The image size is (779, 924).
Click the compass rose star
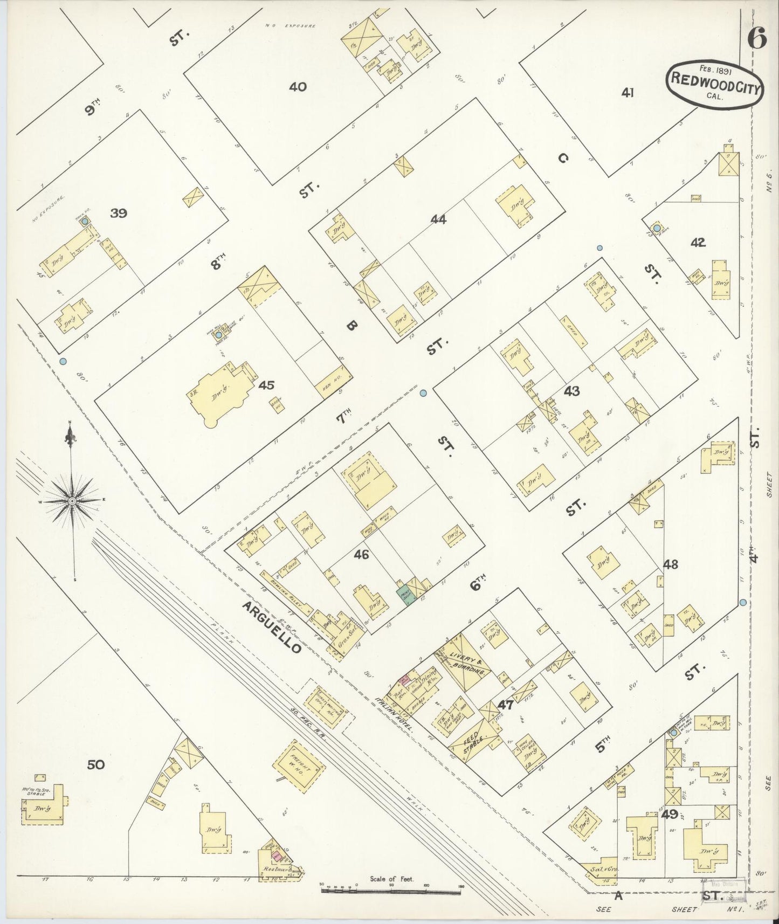tap(72, 501)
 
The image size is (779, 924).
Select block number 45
tap(266, 385)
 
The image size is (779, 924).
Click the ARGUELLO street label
tap(271, 628)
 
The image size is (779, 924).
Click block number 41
tap(627, 93)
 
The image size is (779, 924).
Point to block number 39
tap(118, 213)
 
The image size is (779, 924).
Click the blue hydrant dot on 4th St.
tap(743, 602)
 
